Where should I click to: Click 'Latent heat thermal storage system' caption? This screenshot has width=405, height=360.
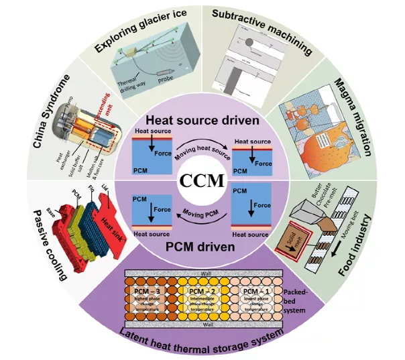pyautogui.click(x=201, y=338)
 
